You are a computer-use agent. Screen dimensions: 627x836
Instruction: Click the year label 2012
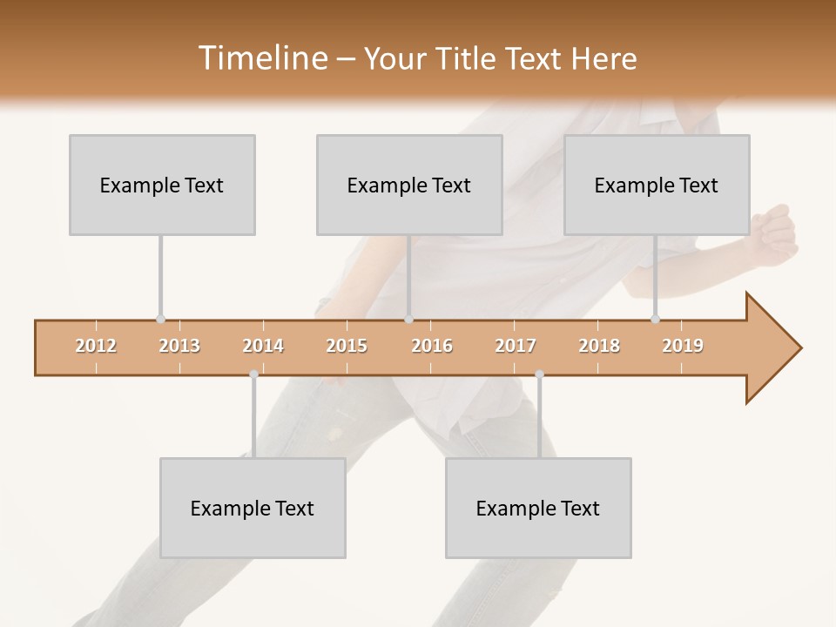[96, 346]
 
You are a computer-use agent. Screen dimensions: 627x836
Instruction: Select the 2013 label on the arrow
[179, 346]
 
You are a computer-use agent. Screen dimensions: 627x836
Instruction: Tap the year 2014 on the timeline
[263, 346]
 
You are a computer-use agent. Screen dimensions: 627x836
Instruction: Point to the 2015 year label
[347, 346]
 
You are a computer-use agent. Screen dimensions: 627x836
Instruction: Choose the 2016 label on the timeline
[432, 346]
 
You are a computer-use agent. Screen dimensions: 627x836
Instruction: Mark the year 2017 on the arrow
[516, 346]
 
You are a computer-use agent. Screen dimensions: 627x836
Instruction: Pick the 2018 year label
[599, 346]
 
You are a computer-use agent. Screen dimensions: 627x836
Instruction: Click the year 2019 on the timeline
[683, 346]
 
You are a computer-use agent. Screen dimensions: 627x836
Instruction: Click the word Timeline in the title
[261, 58]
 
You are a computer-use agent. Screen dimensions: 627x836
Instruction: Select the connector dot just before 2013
[160, 320]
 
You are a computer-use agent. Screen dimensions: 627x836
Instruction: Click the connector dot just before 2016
[408, 320]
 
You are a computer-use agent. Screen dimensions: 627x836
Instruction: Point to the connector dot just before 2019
[656, 320]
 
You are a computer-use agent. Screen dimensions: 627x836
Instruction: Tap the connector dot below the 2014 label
[253, 374]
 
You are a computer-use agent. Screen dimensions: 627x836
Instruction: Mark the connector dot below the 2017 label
[539, 374]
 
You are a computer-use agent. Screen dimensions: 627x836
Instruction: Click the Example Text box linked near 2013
[162, 185]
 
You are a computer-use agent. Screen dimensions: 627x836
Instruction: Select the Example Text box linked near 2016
[409, 185]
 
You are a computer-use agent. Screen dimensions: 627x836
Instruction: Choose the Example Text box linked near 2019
[657, 185]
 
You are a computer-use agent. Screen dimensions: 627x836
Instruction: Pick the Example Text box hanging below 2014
[253, 508]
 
